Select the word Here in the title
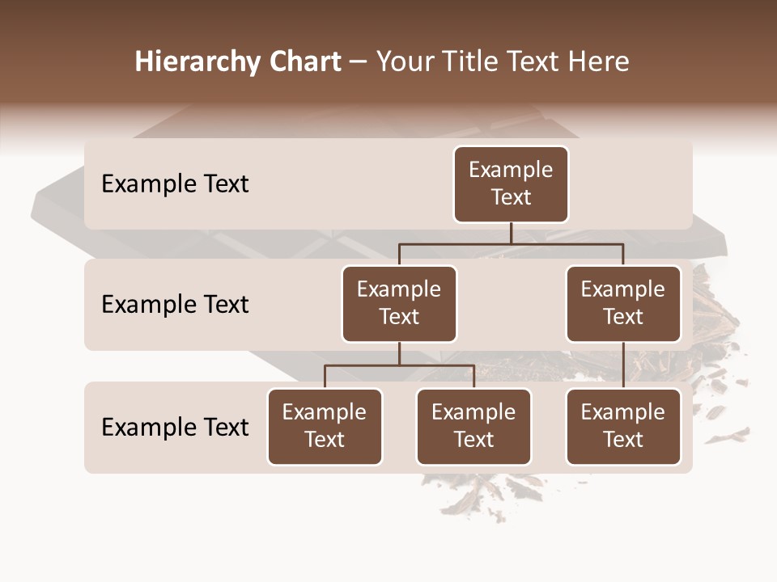click(599, 61)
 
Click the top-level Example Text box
click(511, 184)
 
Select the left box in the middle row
click(399, 304)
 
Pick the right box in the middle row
click(623, 304)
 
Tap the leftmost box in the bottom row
click(325, 427)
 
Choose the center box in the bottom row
click(473, 427)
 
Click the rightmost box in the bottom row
click(623, 427)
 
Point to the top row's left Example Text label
click(175, 184)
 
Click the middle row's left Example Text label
click(175, 305)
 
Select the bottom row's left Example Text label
click(175, 427)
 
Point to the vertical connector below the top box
click(511, 233)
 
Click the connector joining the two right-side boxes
click(623, 365)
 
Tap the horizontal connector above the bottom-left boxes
click(399, 365)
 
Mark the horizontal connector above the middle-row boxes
click(511, 243)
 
